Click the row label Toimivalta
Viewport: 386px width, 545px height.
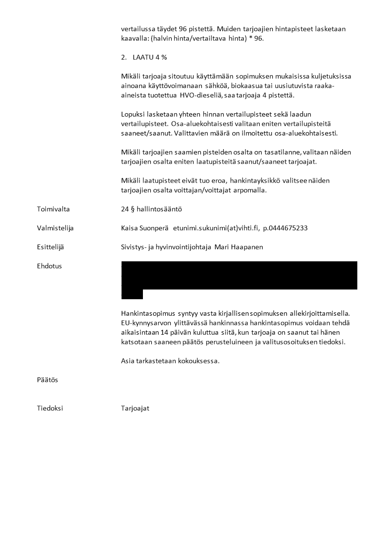[x=53, y=209]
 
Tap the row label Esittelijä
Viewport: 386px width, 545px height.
[x=50, y=247]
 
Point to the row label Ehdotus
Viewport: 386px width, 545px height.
[x=49, y=266]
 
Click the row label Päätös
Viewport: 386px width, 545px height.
[x=47, y=380]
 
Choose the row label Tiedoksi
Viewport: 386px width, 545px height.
[x=50, y=408]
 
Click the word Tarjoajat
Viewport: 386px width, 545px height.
[x=135, y=408]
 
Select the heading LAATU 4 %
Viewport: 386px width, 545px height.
[x=149, y=57]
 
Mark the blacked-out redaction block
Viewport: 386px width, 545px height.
[x=239, y=276]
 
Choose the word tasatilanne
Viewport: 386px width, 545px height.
[x=280, y=152]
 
